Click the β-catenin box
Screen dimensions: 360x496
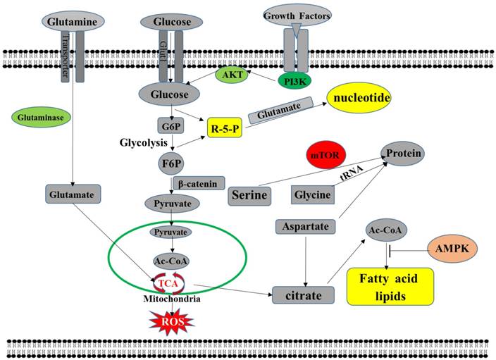click(x=198, y=184)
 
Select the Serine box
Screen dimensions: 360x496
click(x=251, y=195)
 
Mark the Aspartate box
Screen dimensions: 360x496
click(x=303, y=228)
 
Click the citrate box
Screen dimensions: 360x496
click(x=304, y=294)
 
